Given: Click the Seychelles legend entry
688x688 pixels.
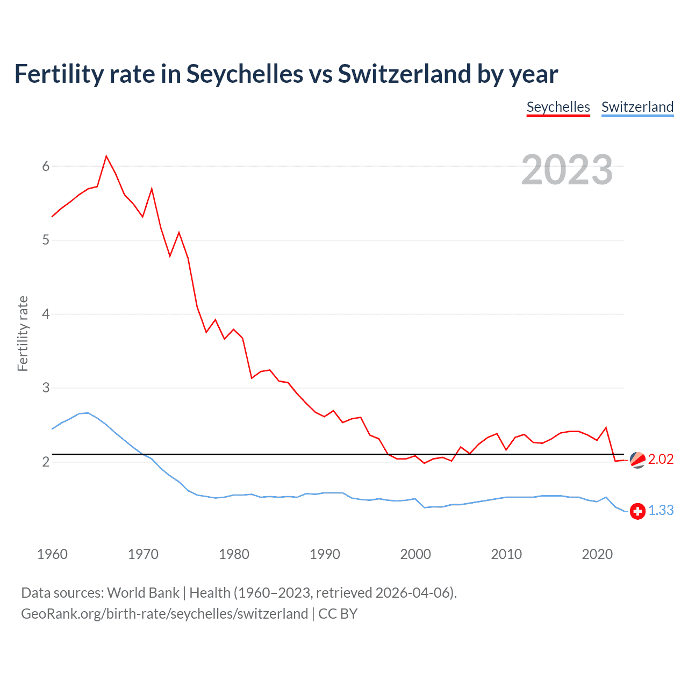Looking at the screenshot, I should click(x=558, y=107).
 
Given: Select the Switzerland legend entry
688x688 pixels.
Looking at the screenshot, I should click(x=637, y=107).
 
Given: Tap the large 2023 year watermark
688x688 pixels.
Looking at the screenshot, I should click(x=567, y=170).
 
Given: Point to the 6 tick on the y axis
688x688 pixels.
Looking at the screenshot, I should click(x=46, y=166).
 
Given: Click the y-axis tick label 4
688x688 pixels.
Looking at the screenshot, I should click(x=46, y=314).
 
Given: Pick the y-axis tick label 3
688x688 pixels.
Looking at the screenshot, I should click(x=46, y=388).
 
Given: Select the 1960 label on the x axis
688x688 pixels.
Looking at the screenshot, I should click(x=52, y=554).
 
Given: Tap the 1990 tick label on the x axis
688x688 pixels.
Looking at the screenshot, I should click(x=325, y=554).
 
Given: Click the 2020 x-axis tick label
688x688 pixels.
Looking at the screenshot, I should click(x=597, y=554).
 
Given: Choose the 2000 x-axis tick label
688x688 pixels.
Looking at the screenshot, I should click(x=415, y=554).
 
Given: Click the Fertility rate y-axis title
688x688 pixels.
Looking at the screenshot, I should click(x=23, y=333).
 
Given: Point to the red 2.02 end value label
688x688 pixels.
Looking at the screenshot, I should click(x=661, y=459).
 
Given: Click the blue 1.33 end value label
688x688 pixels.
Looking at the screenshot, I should click(x=661, y=510).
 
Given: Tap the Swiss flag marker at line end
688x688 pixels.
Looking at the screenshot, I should click(x=637, y=511).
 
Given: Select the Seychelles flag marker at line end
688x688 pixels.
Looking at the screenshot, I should click(x=637, y=460).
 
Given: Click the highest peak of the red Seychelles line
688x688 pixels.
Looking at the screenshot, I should click(x=106, y=156).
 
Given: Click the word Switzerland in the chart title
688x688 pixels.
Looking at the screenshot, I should click(x=405, y=74).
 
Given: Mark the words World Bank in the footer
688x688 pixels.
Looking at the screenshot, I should click(x=143, y=592).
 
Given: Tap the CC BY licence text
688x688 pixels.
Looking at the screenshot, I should click(x=338, y=614).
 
